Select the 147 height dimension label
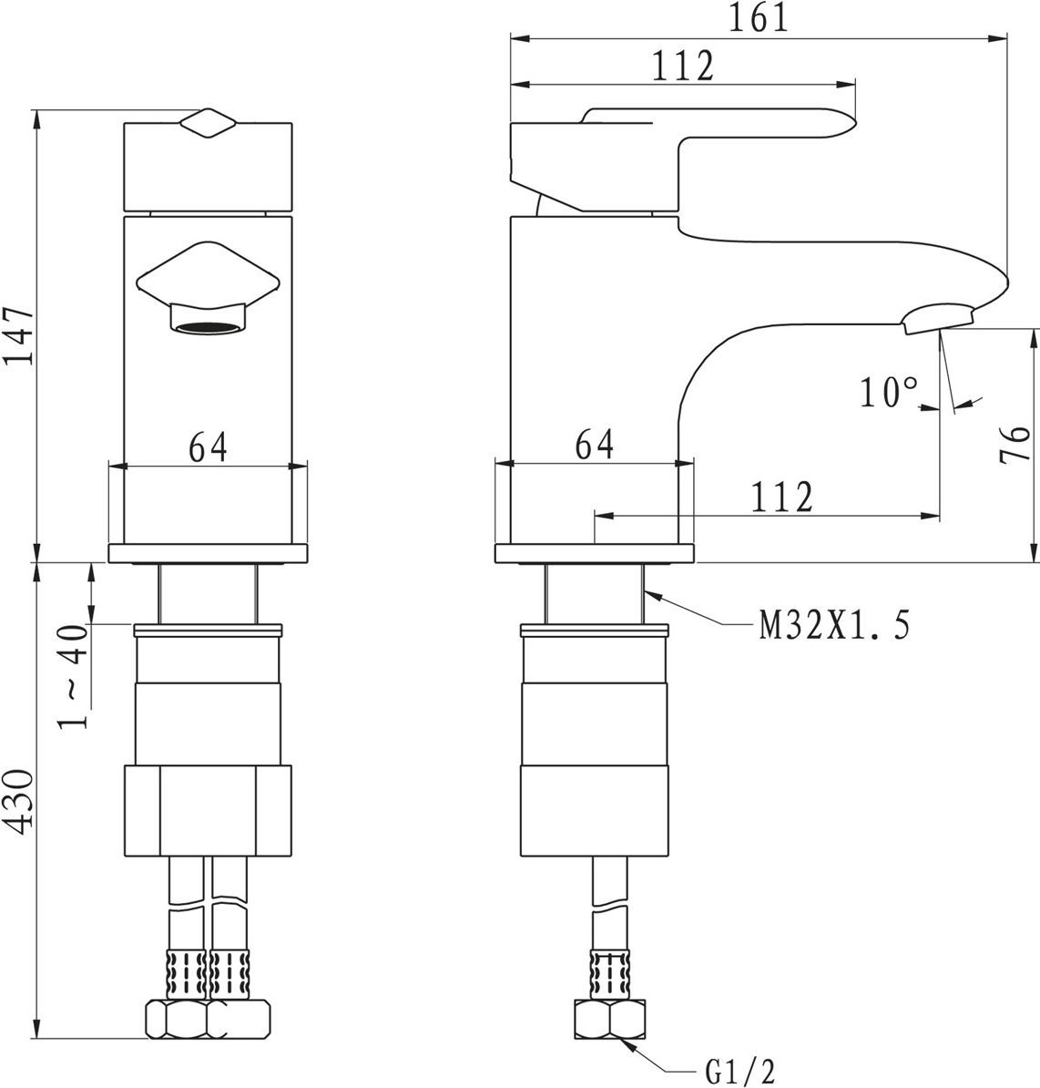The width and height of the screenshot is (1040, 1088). (x=19, y=336)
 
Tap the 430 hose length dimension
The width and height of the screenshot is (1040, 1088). (x=19, y=802)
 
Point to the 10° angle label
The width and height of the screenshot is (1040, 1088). (x=890, y=392)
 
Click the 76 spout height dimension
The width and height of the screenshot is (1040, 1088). (x=1015, y=445)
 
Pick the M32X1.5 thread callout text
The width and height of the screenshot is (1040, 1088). (x=834, y=624)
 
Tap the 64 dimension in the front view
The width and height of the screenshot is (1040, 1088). (x=208, y=446)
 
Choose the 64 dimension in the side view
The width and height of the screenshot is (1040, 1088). (x=594, y=445)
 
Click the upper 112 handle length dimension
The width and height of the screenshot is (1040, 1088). (x=683, y=67)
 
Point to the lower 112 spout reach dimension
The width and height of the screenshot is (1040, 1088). (x=781, y=496)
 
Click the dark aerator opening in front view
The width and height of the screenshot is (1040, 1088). (x=209, y=327)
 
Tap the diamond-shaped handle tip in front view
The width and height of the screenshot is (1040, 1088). (x=208, y=124)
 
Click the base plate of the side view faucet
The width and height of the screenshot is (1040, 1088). (x=594, y=553)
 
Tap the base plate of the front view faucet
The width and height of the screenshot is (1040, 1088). (x=208, y=553)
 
